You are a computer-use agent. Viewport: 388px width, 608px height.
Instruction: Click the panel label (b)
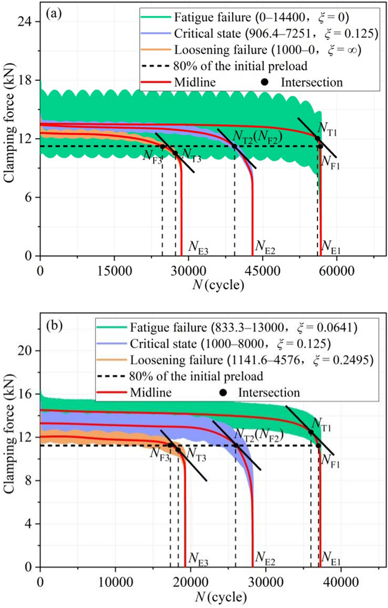53,322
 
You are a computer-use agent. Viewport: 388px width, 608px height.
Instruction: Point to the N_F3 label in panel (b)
160,453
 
